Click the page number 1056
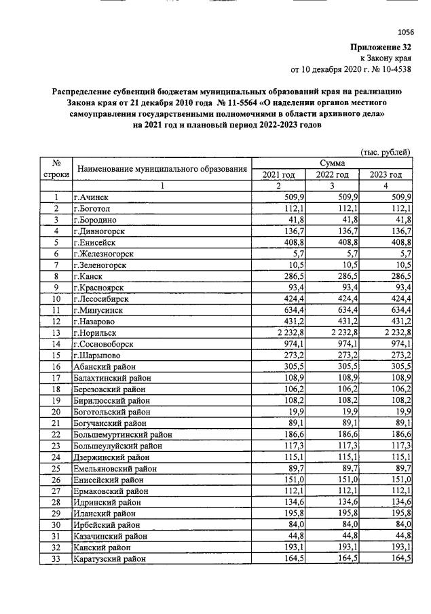405,32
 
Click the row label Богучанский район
113,423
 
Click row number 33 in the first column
58,558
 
